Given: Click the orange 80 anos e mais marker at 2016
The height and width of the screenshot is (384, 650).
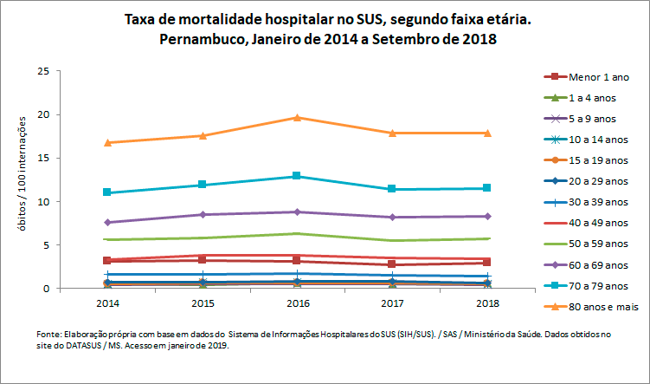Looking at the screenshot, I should (297, 117).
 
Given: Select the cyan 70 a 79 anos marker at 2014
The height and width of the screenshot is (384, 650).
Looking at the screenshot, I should (107, 192).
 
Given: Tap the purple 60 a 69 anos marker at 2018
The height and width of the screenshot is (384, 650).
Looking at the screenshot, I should (487, 216).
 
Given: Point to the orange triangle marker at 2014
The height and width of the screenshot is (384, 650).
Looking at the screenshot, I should (107, 142).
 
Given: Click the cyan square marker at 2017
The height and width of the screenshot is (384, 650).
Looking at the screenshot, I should (392, 189).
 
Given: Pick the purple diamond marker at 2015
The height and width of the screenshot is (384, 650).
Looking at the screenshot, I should (203, 214).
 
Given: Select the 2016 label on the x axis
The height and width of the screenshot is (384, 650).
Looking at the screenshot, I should (297, 304).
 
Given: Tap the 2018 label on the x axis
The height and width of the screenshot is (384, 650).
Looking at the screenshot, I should (487, 304).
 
